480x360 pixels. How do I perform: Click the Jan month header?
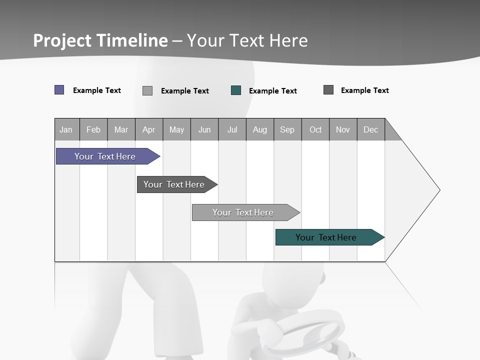coord(66,129)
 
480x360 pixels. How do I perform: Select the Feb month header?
coord(93,129)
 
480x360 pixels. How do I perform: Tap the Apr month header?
coord(149,129)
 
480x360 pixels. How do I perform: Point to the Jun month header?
coord(204,129)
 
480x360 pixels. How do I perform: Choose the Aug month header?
coord(260,129)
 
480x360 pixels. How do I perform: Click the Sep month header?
coord(287,129)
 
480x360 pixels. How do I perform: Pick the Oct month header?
coord(315,129)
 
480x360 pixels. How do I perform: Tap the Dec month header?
coord(371,129)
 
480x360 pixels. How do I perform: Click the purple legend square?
coord(59,90)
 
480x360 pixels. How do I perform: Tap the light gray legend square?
coord(147,90)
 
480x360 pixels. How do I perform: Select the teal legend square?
coord(236,90)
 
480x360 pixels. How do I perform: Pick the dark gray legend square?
coord(328,90)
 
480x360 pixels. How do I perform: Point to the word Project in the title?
coord(62,40)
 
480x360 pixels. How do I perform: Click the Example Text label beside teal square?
coord(273,91)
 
